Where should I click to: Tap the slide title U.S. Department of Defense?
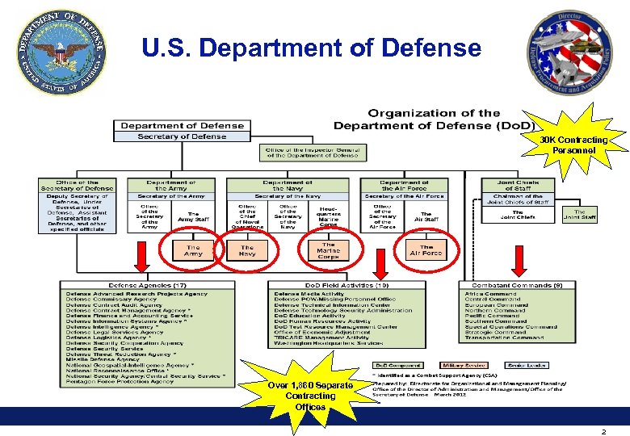click(x=311, y=48)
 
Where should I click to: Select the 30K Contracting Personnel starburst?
click(x=574, y=146)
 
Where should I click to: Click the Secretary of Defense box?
click(x=182, y=136)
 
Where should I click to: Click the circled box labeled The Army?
click(x=193, y=250)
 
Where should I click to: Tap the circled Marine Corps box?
click(x=328, y=251)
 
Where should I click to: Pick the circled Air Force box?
click(x=426, y=250)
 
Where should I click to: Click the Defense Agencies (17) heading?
click(x=136, y=286)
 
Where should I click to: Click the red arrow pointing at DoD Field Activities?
click(x=380, y=263)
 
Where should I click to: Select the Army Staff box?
click(x=193, y=216)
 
